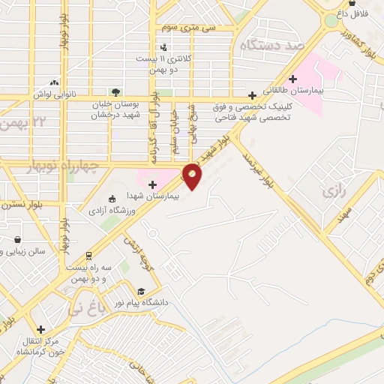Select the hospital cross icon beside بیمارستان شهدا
click(152, 184)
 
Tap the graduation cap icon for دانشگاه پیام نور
click(140, 291)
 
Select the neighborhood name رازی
click(334, 192)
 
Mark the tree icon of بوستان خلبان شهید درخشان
click(114, 91)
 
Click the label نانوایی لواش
click(50, 94)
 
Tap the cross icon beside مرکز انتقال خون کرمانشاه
click(40, 328)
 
